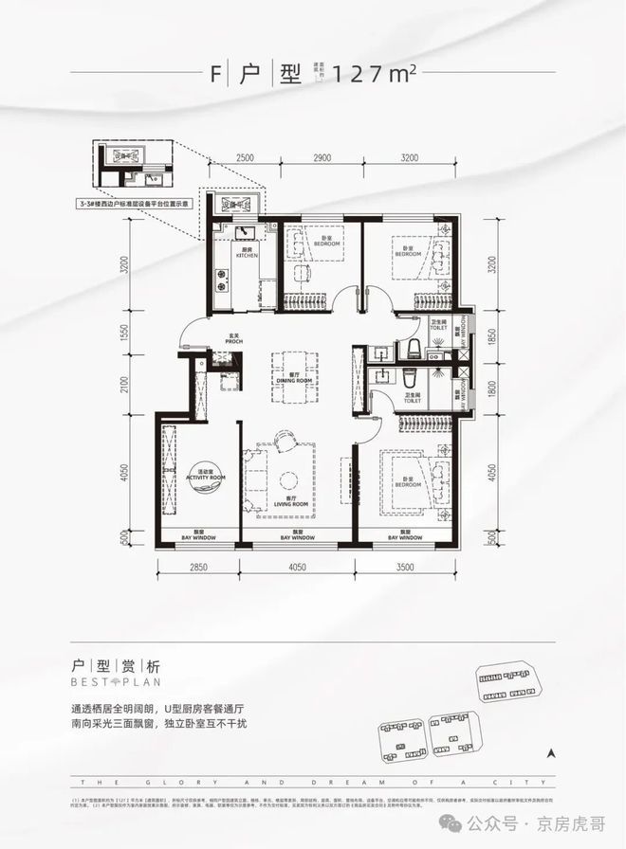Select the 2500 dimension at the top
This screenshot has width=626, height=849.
point(249,157)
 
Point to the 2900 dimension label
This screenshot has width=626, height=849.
point(321,157)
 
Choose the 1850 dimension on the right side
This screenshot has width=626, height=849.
point(492,334)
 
